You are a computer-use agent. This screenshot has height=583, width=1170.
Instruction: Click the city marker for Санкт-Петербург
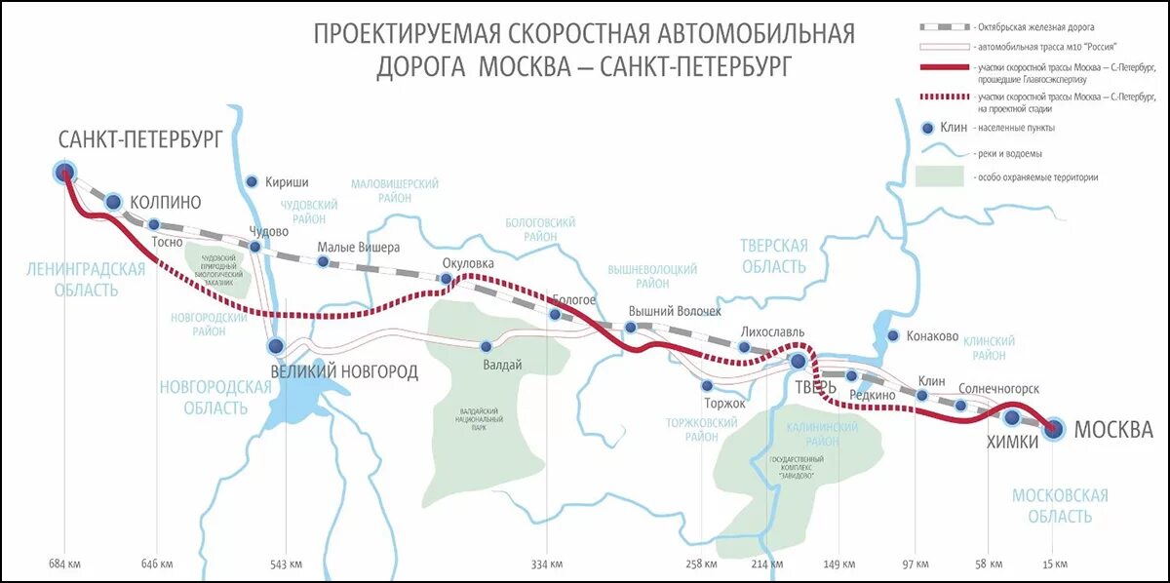64,174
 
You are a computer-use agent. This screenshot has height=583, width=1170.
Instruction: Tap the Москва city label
1113,430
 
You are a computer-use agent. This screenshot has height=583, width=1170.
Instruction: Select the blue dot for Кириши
252,181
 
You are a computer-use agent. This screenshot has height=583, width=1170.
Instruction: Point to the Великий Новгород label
343,370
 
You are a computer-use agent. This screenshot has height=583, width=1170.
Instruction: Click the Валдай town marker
486,346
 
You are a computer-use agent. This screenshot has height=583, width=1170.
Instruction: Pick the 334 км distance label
547,564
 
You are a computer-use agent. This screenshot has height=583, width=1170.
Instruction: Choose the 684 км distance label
63,564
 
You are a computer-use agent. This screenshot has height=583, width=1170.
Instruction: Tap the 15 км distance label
1054,564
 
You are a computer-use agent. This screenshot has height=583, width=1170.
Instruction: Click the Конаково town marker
892,336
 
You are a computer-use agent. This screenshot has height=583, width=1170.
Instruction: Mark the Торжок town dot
707,386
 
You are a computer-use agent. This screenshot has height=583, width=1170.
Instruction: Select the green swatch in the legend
939,177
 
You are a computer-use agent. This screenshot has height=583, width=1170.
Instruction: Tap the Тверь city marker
799,361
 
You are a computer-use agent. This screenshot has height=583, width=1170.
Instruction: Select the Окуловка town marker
447,280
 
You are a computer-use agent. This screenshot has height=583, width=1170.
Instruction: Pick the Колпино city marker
114,202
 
